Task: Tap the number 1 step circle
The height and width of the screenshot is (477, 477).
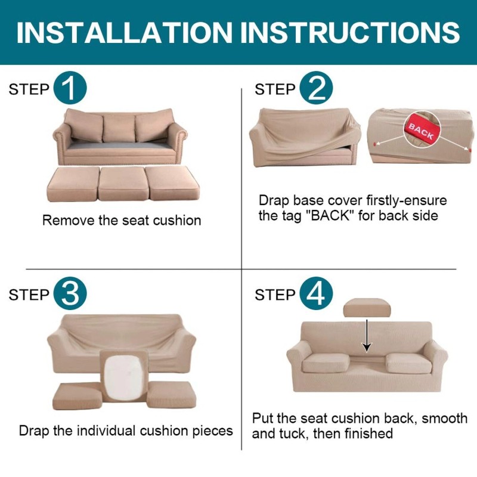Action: [x=70, y=89]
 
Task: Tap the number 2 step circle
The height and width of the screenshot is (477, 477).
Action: [x=316, y=89]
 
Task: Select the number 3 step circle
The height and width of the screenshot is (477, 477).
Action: [x=70, y=295]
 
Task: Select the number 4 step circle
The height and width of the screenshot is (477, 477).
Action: [x=316, y=295]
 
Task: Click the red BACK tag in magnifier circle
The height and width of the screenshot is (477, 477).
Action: [x=421, y=132]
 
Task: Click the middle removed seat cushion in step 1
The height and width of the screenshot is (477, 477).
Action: [x=121, y=183]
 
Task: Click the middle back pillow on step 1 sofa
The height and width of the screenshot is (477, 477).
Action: [x=120, y=127]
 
